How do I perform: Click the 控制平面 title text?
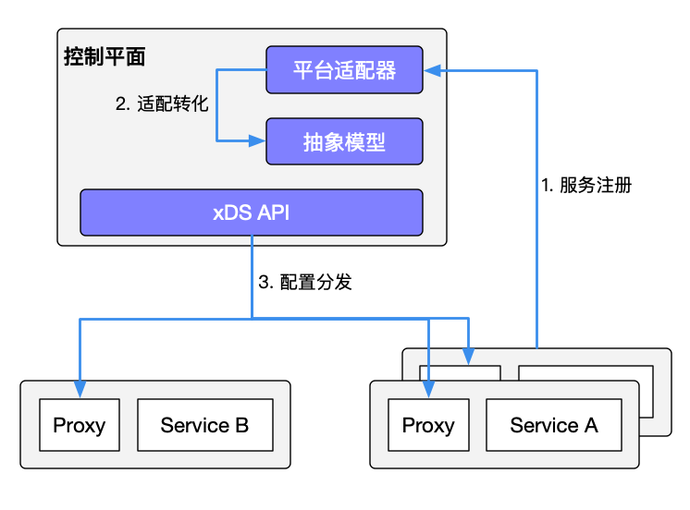click(x=105, y=55)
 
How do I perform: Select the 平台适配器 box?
click(x=344, y=70)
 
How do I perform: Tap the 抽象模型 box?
click(x=344, y=141)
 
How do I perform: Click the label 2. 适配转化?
click(x=162, y=104)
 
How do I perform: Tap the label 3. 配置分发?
click(x=304, y=283)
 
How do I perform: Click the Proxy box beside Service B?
click(x=79, y=425)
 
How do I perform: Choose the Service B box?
click(x=204, y=425)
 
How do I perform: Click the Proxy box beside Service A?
click(x=428, y=425)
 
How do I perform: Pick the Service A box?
click(x=554, y=425)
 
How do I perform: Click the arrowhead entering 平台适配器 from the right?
click(x=432, y=70)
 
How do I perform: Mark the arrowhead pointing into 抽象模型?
click(x=258, y=141)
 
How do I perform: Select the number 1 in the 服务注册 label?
click(x=545, y=184)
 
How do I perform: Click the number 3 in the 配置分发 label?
click(x=263, y=283)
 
